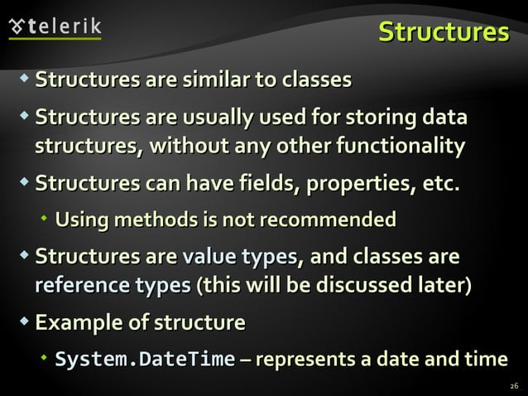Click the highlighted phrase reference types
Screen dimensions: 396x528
(x=112, y=286)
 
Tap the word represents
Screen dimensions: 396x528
(x=305, y=360)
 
